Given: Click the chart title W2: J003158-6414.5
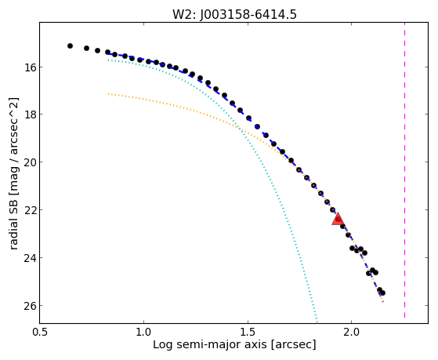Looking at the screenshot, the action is [234, 14].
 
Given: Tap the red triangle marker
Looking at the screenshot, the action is [338, 219].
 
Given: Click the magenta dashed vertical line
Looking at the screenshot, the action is [404, 170].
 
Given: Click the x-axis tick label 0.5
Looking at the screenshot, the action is [40, 332].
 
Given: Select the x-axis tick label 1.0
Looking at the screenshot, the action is [143, 332].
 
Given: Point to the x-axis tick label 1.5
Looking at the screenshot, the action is [248, 332].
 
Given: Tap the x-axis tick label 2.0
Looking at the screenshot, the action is [352, 332].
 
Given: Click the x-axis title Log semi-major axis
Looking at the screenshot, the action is [210, 344].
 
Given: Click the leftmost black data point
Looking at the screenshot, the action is [70, 45].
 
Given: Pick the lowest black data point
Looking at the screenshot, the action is [382, 293].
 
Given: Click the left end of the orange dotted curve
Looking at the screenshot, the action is [108, 94].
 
